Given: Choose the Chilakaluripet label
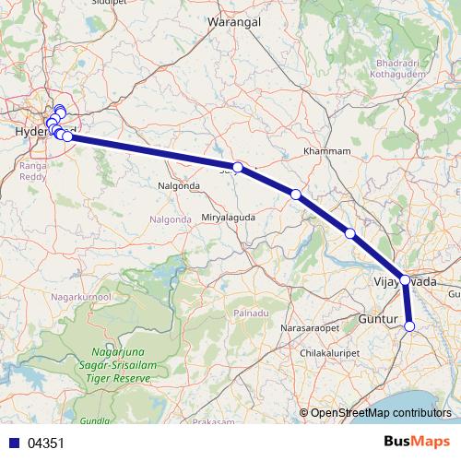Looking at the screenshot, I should (337, 352).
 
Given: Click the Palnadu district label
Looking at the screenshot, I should (250, 313).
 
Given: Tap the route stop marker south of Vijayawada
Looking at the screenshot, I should (410, 325).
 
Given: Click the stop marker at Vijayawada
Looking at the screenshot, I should (405, 279).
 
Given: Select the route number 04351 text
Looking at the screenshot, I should (46, 443).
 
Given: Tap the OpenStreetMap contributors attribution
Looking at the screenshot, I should (381, 413).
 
